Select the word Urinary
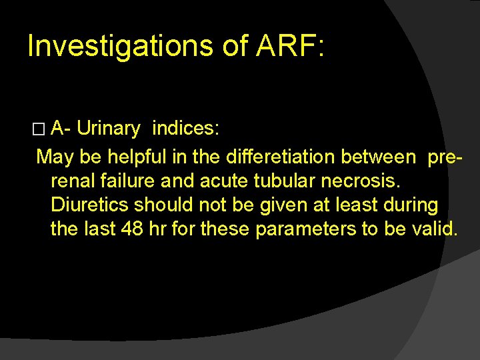(108, 128)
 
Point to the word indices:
(186, 128)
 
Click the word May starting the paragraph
(55, 157)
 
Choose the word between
(377, 157)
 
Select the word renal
(73, 181)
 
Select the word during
(409, 205)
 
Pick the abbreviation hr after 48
(157, 229)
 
